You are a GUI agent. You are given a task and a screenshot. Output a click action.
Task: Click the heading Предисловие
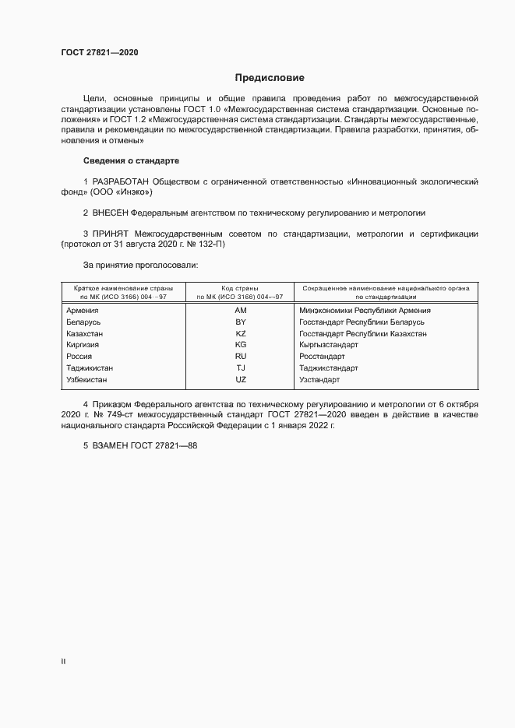[x=270, y=78]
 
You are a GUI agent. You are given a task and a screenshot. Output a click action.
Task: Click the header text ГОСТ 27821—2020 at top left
[x=100, y=53]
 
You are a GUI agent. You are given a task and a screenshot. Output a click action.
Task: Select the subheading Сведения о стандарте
[x=131, y=160]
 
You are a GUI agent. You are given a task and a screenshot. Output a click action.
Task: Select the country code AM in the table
[x=240, y=310]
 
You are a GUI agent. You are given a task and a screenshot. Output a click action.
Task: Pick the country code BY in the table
[x=240, y=322]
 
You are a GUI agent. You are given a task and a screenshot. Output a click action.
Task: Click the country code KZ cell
[x=240, y=333]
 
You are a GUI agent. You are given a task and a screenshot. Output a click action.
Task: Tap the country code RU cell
[x=240, y=357]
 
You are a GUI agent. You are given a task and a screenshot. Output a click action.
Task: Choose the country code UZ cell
[x=240, y=380]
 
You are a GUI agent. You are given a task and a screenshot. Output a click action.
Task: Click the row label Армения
[x=83, y=310]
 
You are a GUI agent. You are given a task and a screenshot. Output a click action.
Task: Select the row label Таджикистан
[x=91, y=368]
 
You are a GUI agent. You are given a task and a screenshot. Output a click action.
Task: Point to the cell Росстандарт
[x=322, y=357]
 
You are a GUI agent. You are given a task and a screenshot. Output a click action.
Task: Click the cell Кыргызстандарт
[x=328, y=345]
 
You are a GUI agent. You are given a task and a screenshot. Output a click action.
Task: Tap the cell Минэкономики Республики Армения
[x=365, y=310]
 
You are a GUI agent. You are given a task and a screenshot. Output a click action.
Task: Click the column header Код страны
[x=240, y=288]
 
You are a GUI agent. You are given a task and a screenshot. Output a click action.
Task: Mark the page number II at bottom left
[x=64, y=661]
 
